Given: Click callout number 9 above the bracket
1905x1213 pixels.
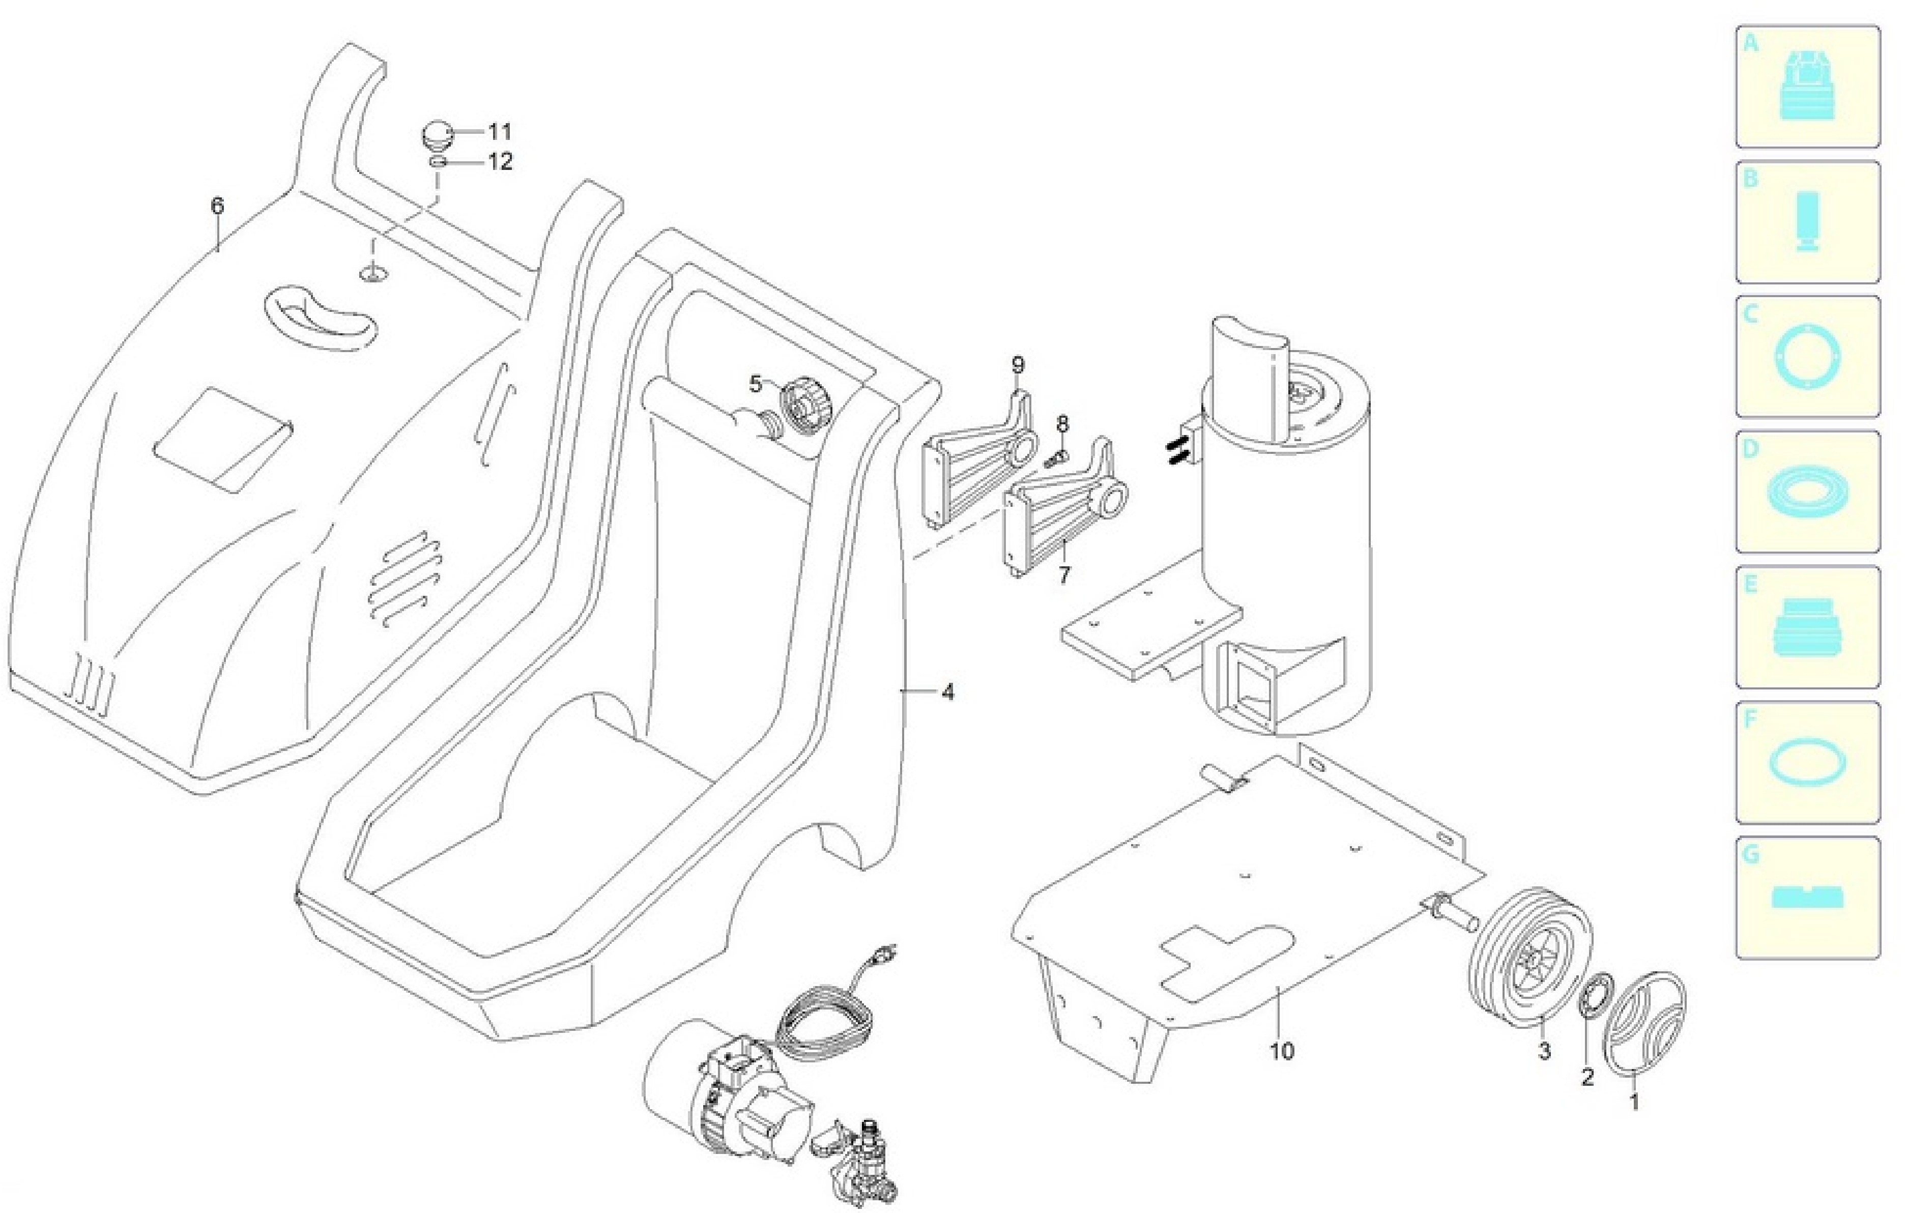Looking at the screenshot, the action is (x=1018, y=365).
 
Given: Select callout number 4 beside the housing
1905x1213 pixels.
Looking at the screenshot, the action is (x=948, y=692).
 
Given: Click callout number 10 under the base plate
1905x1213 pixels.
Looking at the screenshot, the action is (x=1282, y=1052).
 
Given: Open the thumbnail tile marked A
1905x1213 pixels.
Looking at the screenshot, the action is (x=1808, y=87).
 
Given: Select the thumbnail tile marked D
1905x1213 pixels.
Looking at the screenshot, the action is (x=1808, y=492).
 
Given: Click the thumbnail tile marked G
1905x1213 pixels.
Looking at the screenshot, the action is (x=1808, y=898).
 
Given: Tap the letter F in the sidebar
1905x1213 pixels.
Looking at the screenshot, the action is (x=1751, y=719).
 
